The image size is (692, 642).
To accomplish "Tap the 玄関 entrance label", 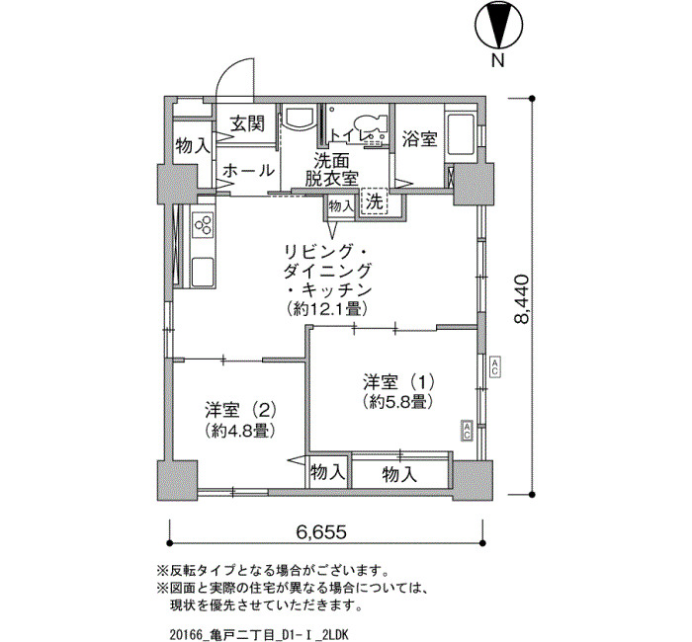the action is pos(247,123).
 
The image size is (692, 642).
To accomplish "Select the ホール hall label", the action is pos(248,170).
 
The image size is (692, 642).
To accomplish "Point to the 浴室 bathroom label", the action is pos(419,140).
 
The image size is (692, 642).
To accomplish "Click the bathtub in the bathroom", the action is pos(461,133).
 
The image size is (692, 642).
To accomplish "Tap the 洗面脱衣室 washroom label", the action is pos(331,169).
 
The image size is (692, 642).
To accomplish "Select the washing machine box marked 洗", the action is pos(375,201).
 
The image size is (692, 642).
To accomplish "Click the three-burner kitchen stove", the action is pos(204,223).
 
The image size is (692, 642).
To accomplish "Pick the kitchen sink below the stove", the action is pos(204,271).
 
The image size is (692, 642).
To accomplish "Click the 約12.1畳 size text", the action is pos(327,308).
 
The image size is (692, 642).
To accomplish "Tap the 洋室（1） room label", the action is pos(399,381).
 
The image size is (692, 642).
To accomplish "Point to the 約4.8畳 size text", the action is pos(240,430).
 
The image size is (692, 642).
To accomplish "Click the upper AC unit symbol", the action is pos(494,366).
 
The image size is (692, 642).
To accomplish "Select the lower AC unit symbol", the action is pos(467,430).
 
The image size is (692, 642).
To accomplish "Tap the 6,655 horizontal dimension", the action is pos(321,532).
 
